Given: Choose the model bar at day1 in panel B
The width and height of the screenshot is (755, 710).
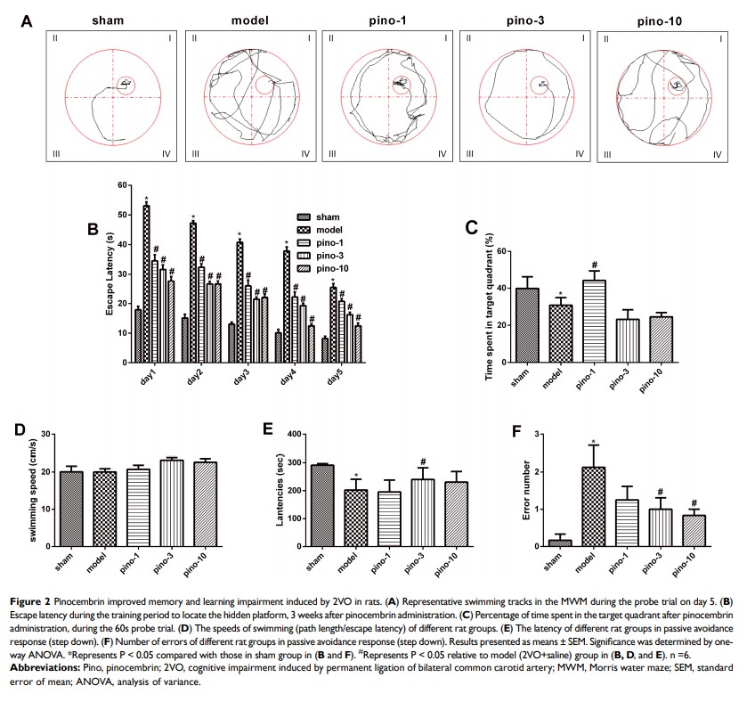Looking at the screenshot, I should tap(145, 284).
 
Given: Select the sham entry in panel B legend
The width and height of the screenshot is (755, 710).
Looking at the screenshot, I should tap(322, 216).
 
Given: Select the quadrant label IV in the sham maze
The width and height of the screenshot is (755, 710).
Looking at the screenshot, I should tap(166, 154).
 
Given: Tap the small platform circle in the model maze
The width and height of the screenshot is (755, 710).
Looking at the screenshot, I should tap(264, 86).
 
